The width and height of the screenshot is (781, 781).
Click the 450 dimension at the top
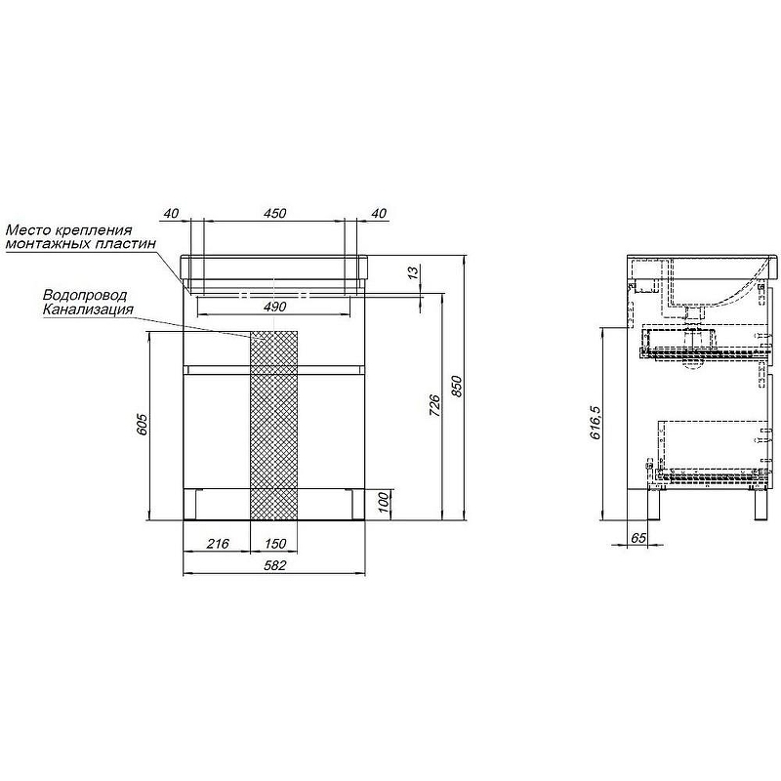pos(274,213)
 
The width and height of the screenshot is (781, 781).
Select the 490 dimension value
pos(274,307)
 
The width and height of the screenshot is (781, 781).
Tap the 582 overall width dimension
pos(274,565)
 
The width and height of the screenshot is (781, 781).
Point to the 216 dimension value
pos(218,544)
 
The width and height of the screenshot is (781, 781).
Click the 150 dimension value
pos(275,544)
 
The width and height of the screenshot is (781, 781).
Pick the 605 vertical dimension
pos(142,425)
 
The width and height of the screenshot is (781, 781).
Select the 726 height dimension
pos(434,405)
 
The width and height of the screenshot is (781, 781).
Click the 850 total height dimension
pos(457,387)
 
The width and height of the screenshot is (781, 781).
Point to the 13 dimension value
pos(413,273)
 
